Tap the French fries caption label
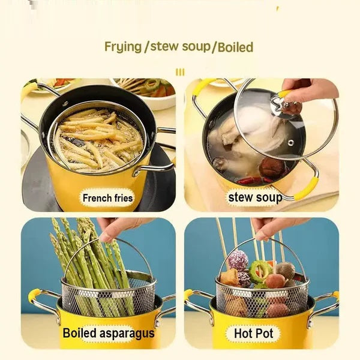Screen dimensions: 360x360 click(108, 197)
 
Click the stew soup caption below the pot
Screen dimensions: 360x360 click(254, 197)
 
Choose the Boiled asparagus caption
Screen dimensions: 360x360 click(109, 333)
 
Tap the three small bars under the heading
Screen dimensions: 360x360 click(180, 72)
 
